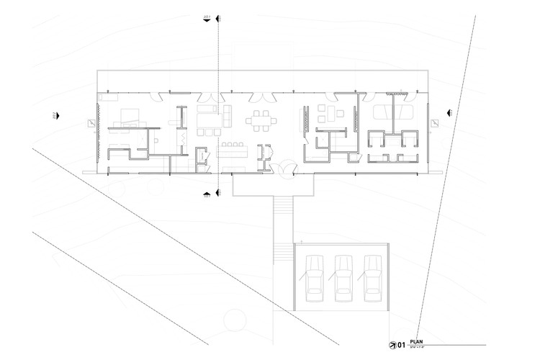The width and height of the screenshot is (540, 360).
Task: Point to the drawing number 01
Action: click(401, 344)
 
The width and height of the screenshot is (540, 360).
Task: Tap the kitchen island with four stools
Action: click(231, 149)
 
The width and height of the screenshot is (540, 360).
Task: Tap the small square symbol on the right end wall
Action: click(433, 124)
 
